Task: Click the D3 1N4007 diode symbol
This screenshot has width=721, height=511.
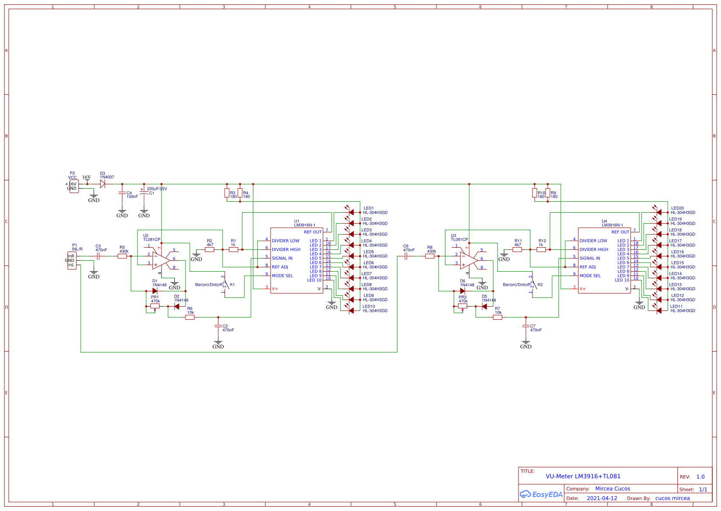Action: click(103, 184)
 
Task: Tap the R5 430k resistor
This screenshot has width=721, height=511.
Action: click(122, 256)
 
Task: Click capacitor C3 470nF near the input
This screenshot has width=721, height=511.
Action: click(98, 256)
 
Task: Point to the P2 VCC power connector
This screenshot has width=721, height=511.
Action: click(74, 186)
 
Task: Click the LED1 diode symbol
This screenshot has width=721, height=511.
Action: click(351, 213)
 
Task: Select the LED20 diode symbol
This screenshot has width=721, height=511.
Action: click(659, 213)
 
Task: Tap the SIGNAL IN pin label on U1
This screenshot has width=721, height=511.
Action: click(282, 259)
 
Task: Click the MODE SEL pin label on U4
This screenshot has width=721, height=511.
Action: click(590, 276)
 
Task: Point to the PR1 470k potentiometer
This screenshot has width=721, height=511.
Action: click(154, 306)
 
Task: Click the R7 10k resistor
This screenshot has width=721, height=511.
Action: click(498, 318)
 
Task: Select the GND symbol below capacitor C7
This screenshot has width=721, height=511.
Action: click(525, 344)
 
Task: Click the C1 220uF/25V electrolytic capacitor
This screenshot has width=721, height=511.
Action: click(144, 193)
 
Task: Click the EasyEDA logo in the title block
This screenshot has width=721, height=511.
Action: click(541, 494)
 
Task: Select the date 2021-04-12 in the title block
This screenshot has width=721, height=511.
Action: click(602, 498)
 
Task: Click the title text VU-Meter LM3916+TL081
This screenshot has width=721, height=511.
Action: click(583, 476)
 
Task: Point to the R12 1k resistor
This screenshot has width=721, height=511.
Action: click(541, 250)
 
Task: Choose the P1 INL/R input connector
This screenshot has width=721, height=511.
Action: click(72, 261)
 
